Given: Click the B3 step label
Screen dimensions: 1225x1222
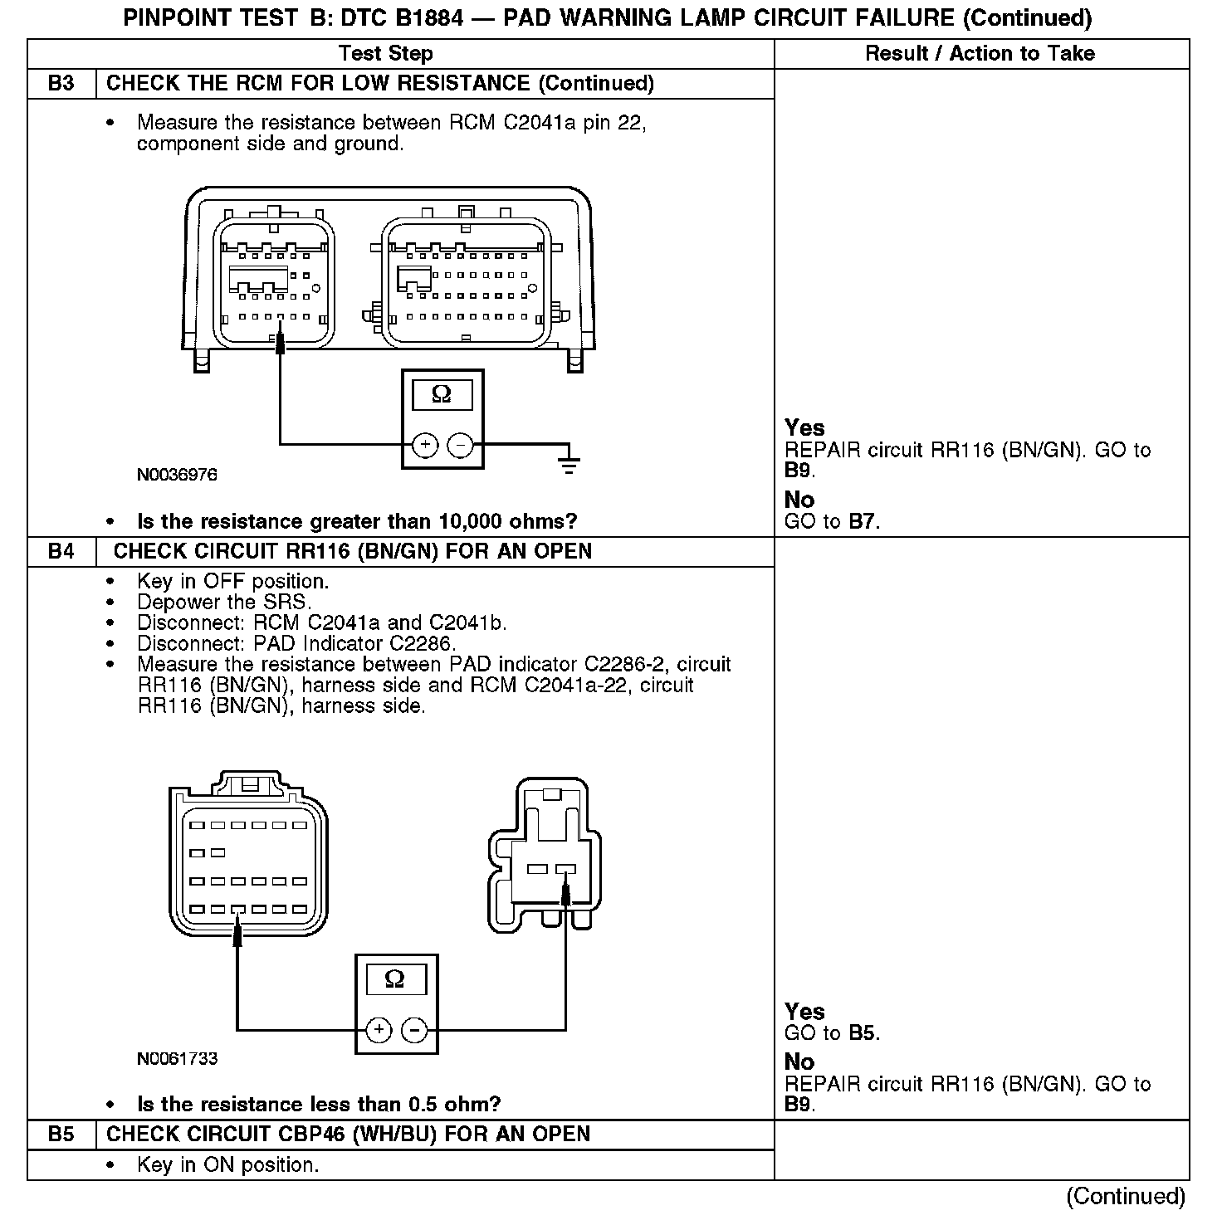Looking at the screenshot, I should coord(61,84).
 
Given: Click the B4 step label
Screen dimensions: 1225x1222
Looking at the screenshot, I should coord(61,552).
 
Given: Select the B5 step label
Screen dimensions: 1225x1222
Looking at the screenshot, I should coord(61,1135).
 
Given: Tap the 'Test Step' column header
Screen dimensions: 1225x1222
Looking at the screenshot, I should coord(386,54).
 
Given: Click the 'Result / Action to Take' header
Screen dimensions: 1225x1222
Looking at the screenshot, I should coord(980,54).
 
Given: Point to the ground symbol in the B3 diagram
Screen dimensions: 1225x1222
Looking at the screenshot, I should coord(569,462).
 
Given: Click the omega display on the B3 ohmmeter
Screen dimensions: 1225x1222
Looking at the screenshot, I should coord(442,395).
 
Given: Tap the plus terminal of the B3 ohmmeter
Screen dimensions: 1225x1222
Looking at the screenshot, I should coord(425,446).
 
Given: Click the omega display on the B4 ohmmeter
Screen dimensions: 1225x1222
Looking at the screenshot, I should coord(395,979).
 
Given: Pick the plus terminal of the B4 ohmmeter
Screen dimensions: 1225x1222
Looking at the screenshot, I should coord(379,1031).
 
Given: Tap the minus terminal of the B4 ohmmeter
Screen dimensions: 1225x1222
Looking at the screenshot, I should coord(414,1031).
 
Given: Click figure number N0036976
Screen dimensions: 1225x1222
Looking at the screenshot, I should coord(178,475).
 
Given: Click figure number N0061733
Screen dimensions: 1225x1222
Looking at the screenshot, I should coord(178,1059).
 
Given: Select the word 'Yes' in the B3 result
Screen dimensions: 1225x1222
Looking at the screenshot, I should coord(804,428).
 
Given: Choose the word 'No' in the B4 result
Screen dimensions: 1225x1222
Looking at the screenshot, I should coord(799,1062).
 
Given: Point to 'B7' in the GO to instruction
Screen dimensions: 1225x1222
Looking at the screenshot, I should coord(863,522).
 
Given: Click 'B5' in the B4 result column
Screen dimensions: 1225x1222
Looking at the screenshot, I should coord(863,1033).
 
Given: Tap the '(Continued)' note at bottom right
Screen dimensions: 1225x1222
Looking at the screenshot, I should coord(1126,1196).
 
